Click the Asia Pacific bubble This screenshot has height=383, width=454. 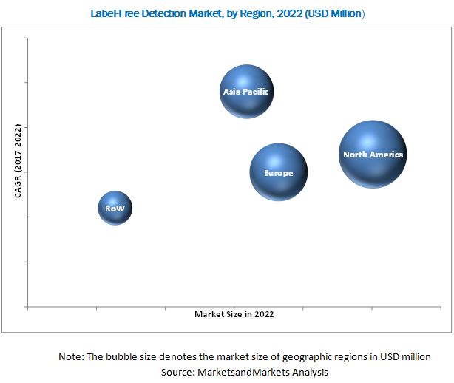[246, 92]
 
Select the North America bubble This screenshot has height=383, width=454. [373, 155]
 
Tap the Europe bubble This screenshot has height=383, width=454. [278, 173]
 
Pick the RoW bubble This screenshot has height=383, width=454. [115, 209]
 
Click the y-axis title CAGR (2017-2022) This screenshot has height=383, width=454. [18, 160]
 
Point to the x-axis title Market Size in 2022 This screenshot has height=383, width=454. [234, 314]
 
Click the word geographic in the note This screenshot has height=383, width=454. [314, 356]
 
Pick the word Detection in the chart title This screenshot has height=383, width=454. [154, 13]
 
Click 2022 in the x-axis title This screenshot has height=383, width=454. [262, 314]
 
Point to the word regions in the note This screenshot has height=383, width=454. [357, 356]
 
